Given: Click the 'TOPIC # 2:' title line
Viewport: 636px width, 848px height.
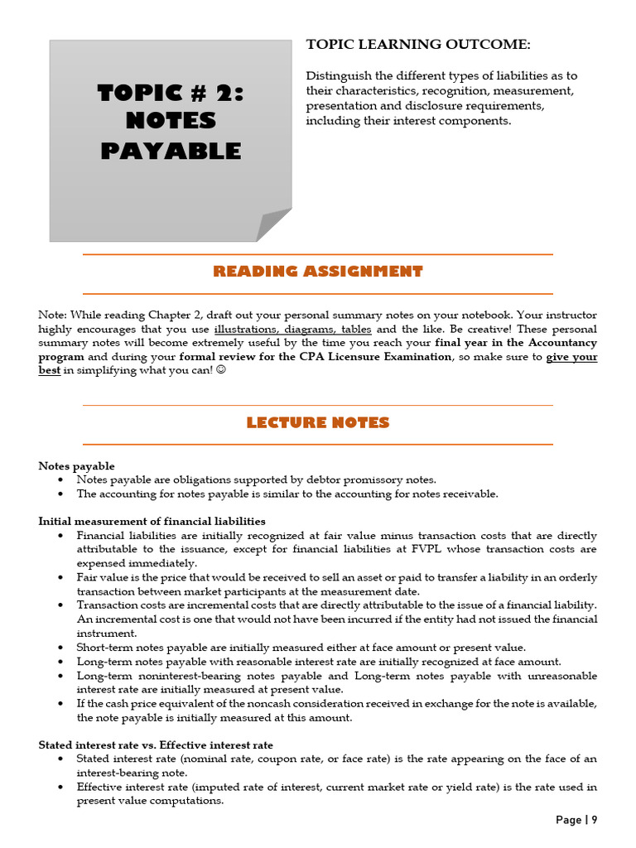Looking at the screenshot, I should click(171, 92).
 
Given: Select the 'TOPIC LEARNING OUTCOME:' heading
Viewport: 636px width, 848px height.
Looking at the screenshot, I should click(418, 44).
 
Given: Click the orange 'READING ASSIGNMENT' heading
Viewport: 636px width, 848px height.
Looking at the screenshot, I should click(318, 272).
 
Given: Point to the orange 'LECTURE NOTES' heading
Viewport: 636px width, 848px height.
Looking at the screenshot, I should click(318, 423).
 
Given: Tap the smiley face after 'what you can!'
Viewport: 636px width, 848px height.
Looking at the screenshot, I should click(219, 370).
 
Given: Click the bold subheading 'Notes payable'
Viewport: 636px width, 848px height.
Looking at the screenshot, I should click(77, 466).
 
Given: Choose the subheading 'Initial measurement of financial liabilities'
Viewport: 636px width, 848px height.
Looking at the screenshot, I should click(152, 521).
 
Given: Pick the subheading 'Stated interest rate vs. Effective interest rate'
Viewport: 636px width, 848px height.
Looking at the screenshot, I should click(156, 745).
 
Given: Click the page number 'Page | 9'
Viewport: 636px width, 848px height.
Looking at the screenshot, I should click(576, 820).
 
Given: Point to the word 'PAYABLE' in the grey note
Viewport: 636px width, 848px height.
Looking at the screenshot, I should click(171, 151).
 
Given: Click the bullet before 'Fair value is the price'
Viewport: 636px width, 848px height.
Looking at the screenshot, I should click(62, 578).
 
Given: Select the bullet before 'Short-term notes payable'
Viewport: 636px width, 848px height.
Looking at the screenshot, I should click(62, 648).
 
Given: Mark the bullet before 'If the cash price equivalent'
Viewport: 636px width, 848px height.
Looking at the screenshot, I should click(62, 704).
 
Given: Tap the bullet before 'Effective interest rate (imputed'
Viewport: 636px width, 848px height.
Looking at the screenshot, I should click(62, 788).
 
